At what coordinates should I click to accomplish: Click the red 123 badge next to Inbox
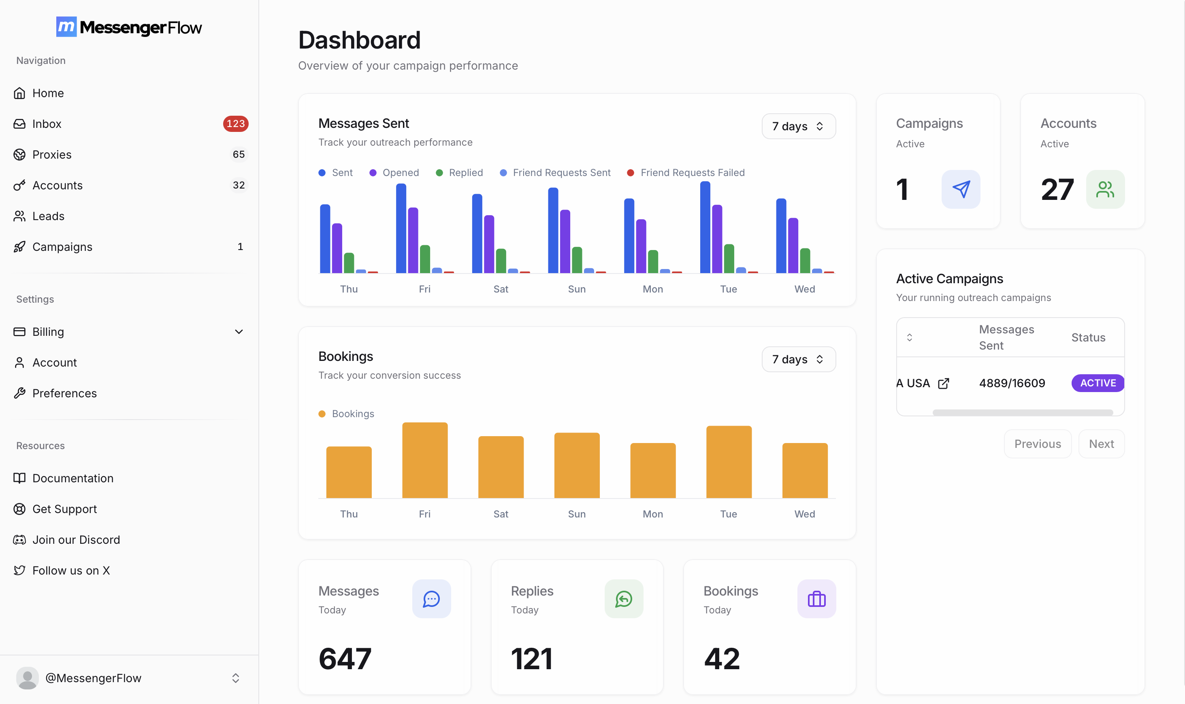click(x=235, y=124)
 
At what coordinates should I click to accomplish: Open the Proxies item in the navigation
click(x=52, y=155)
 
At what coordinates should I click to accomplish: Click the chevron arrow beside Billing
click(x=239, y=332)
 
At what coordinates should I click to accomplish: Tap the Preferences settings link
click(x=64, y=393)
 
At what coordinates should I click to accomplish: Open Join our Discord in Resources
click(x=76, y=540)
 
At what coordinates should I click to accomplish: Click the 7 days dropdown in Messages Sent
click(x=799, y=126)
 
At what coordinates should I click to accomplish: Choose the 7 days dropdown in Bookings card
click(x=799, y=359)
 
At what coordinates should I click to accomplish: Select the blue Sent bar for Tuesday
click(x=705, y=228)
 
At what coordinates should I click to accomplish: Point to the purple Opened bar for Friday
click(x=413, y=240)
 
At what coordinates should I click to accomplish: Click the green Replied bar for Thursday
click(x=349, y=263)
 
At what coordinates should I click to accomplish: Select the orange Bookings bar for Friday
click(x=424, y=460)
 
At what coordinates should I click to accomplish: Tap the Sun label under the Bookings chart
click(x=576, y=514)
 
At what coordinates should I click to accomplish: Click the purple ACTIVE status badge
click(x=1097, y=383)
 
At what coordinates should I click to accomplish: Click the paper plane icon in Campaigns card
click(x=961, y=189)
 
